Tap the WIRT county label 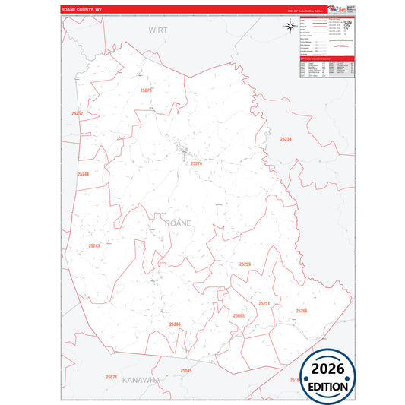(x=157, y=30)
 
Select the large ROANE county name (x=178, y=223)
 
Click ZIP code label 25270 (x=147, y=90)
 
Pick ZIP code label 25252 (x=77, y=113)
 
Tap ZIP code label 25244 (x=83, y=174)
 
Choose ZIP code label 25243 (x=94, y=245)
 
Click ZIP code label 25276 (x=197, y=163)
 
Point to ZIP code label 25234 (x=285, y=139)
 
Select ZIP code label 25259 (x=245, y=264)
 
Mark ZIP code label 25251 (x=264, y=303)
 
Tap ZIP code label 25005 (x=239, y=315)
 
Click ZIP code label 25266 (x=302, y=311)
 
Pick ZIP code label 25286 (x=175, y=324)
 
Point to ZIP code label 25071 (x=111, y=377)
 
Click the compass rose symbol (x=290, y=27)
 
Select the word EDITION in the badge (x=328, y=387)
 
